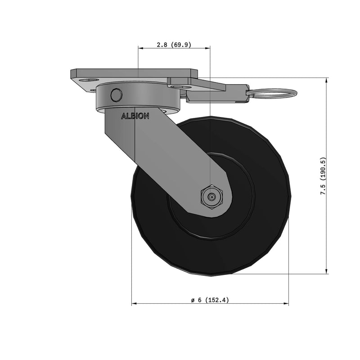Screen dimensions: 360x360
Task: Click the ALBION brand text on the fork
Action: (x=135, y=116)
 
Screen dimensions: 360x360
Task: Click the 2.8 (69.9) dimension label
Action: (x=174, y=45)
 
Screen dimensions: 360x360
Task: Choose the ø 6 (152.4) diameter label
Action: (x=210, y=300)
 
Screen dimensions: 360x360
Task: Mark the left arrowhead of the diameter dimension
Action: (x=134, y=304)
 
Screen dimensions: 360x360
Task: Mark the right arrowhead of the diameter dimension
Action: (x=286, y=304)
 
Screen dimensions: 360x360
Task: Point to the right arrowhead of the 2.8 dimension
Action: (x=208, y=48)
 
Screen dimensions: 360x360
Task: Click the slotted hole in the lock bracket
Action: (x=181, y=86)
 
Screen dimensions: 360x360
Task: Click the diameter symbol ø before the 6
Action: (x=193, y=300)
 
